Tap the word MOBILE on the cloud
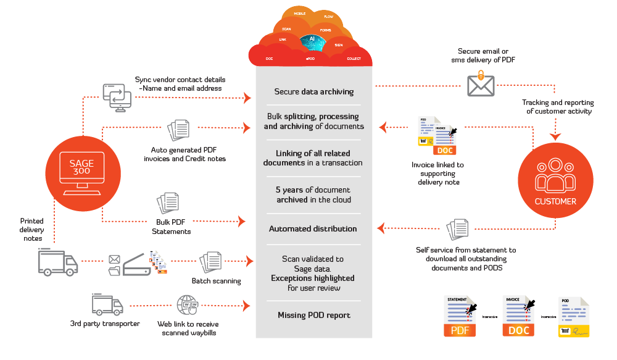click(300, 13)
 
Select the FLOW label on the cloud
click(328, 17)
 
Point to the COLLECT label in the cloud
click(354, 59)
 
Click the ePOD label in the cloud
click(310, 59)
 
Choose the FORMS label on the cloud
click(326, 30)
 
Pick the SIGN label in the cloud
click(339, 45)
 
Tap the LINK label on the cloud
click(283, 40)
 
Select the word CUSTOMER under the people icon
click(555, 201)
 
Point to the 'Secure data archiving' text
click(314, 92)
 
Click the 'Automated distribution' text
click(313, 229)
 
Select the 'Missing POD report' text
click(314, 316)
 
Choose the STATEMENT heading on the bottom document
click(457, 299)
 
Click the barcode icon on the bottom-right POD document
click(565, 332)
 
